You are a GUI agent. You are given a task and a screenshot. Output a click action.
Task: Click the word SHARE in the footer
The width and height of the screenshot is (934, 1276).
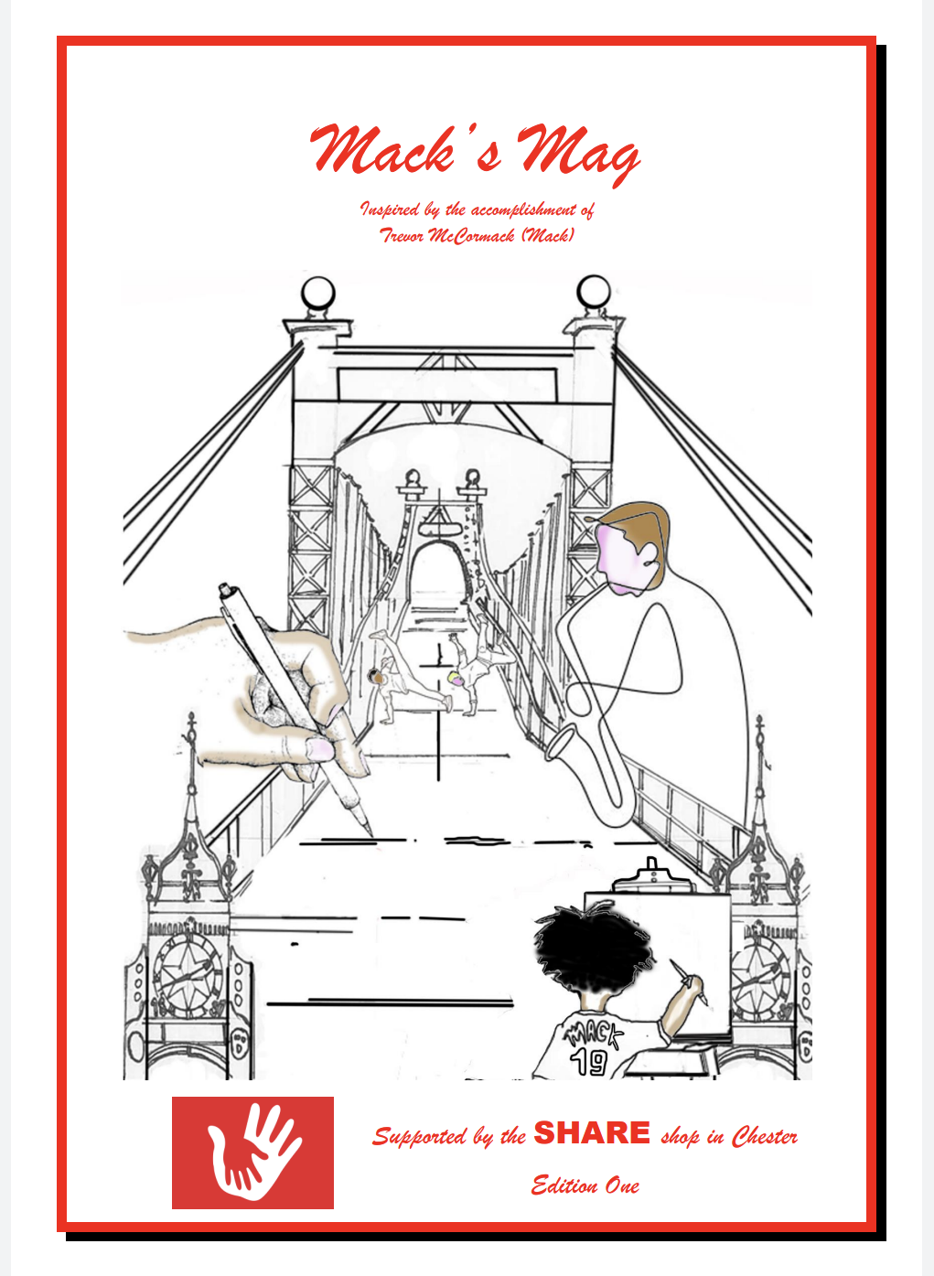click(x=592, y=1133)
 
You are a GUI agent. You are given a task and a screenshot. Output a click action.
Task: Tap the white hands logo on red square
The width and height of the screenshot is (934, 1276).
click(x=252, y=1153)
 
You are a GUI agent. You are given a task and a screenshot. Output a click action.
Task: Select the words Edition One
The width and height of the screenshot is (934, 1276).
click(x=585, y=1185)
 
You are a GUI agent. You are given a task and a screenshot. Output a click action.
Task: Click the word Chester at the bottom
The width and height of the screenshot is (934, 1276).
click(x=765, y=1136)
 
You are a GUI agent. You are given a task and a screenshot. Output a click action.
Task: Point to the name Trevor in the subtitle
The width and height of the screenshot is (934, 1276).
click(x=403, y=235)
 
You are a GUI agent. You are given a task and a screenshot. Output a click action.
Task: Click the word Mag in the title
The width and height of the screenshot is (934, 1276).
click(x=578, y=152)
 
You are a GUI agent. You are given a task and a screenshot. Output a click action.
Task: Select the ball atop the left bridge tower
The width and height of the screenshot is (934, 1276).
click(x=318, y=293)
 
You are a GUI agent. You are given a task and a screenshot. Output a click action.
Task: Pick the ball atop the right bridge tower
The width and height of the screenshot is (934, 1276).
click(x=594, y=292)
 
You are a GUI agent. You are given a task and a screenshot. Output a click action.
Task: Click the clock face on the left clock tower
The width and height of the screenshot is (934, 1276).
click(x=188, y=974)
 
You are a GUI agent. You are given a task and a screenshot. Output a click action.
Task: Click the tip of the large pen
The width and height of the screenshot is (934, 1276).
click(x=371, y=836)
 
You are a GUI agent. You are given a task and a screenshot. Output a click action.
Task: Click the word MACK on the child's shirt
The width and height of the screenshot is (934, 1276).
click(x=593, y=1034)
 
